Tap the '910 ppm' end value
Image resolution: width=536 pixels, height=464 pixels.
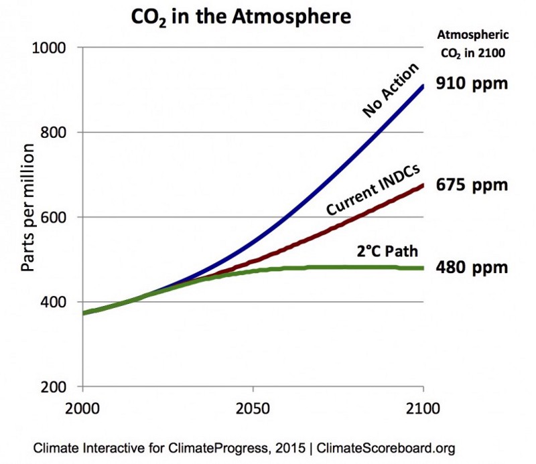[x=472, y=84]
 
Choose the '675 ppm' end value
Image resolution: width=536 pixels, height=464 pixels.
[x=472, y=184]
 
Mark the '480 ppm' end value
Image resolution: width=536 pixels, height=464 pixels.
[x=472, y=268]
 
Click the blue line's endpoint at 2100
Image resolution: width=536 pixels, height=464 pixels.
[x=423, y=85]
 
